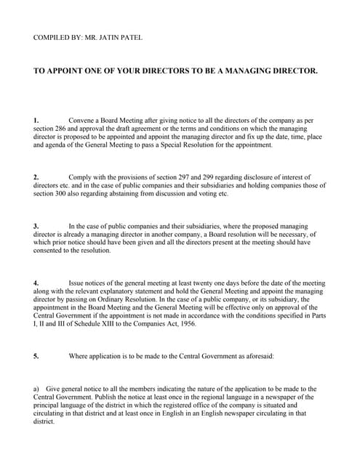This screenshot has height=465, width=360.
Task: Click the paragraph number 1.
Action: click(36, 118)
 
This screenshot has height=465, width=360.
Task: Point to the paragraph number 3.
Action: click(36, 226)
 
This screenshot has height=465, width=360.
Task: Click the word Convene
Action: click(81, 118)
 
